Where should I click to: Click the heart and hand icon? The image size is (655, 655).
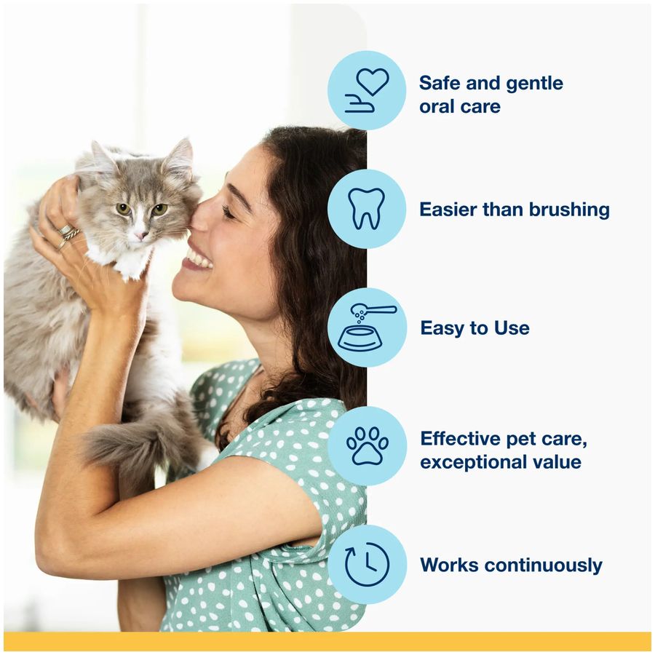[x=367, y=90]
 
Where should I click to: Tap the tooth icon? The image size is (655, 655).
[x=367, y=209]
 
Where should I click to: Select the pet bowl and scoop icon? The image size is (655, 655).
[x=367, y=327]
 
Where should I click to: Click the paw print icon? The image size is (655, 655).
[x=367, y=446]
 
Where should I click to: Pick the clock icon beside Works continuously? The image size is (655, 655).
[x=367, y=565]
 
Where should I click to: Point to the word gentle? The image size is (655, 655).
[x=525, y=83]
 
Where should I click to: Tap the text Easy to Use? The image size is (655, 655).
[x=475, y=328]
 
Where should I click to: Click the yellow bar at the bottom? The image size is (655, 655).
[x=327, y=641]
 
